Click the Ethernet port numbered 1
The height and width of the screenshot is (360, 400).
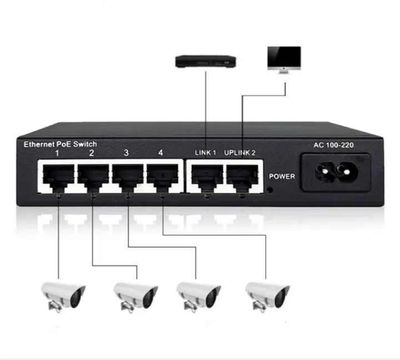pyautogui.click(x=58, y=176)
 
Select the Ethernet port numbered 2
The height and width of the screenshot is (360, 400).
pyautogui.click(x=93, y=176)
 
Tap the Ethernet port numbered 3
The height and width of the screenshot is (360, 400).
pyautogui.click(x=127, y=176)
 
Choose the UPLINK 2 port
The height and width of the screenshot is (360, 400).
pyautogui.click(x=241, y=176)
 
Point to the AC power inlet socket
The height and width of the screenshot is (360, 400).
pyautogui.click(x=335, y=172)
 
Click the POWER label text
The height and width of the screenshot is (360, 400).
pyautogui.click(x=282, y=177)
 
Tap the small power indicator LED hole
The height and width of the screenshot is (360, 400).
pyautogui.click(x=270, y=189)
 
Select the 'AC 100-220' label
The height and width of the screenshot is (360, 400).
pyautogui.click(x=334, y=146)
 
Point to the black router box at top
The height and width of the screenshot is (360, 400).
pyautogui.click(x=206, y=61)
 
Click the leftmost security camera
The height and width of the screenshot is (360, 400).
pyautogui.click(x=63, y=294)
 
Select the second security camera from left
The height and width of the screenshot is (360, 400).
pyautogui.click(x=135, y=294)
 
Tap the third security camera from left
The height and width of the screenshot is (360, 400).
pyautogui.click(x=198, y=294)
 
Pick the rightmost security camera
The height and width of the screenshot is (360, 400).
pyautogui.click(x=267, y=294)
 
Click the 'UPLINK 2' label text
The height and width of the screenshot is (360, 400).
pyautogui.click(x=239, y=153)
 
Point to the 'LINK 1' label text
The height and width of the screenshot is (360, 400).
pyautogui.click(x=205, y=153)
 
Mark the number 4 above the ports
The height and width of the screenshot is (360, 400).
pyautogui.click(x=161, y=152)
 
